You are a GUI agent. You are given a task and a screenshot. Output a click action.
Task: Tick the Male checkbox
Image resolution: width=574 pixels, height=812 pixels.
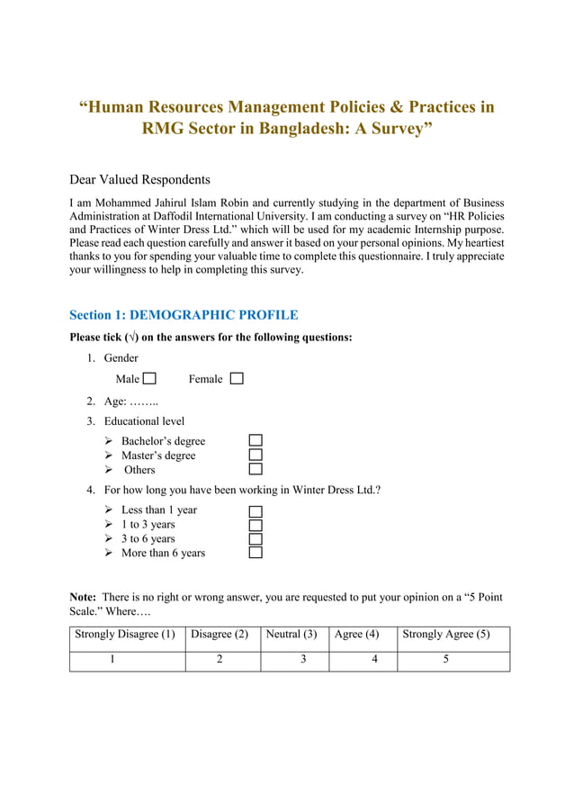[x=149, y=379]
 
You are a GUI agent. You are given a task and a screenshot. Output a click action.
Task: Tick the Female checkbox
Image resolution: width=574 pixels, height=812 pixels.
[x=237, y=379]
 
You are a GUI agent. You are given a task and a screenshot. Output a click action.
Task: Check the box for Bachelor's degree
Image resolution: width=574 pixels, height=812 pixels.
[x=256, y=441]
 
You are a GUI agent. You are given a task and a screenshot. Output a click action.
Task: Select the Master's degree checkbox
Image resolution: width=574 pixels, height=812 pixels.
[x=256, y=456]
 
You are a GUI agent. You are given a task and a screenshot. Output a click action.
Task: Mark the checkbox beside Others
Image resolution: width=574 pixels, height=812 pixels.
[x=256, y=469]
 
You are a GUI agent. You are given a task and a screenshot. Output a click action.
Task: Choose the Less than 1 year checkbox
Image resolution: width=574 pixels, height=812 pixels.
[x=256, y=510]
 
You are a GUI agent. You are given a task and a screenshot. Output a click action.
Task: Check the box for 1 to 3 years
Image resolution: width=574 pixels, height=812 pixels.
[x=256, y=525]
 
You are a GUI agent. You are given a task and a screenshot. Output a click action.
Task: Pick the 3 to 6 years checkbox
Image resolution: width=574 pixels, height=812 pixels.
[x=256, y=538]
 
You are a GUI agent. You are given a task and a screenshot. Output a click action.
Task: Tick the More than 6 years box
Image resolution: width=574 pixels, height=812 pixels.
[x=256, y=553]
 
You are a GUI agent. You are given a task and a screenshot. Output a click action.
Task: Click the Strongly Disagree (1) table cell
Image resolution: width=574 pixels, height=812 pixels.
[x=127, y=636]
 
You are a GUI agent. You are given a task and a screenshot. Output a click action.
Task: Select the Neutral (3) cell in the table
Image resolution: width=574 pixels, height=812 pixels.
[x=294, y=636]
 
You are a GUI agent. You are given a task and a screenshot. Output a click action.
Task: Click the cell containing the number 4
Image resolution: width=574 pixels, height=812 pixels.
[x=363, y=660]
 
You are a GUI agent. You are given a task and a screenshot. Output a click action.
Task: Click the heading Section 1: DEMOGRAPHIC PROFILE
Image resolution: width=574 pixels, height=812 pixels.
[x=184, y=315]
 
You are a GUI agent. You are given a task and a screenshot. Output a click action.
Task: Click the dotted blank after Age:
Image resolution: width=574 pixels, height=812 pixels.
[x=144, y=401]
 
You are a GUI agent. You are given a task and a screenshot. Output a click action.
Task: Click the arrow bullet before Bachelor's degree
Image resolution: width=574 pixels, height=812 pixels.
[x=108, y=441]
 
